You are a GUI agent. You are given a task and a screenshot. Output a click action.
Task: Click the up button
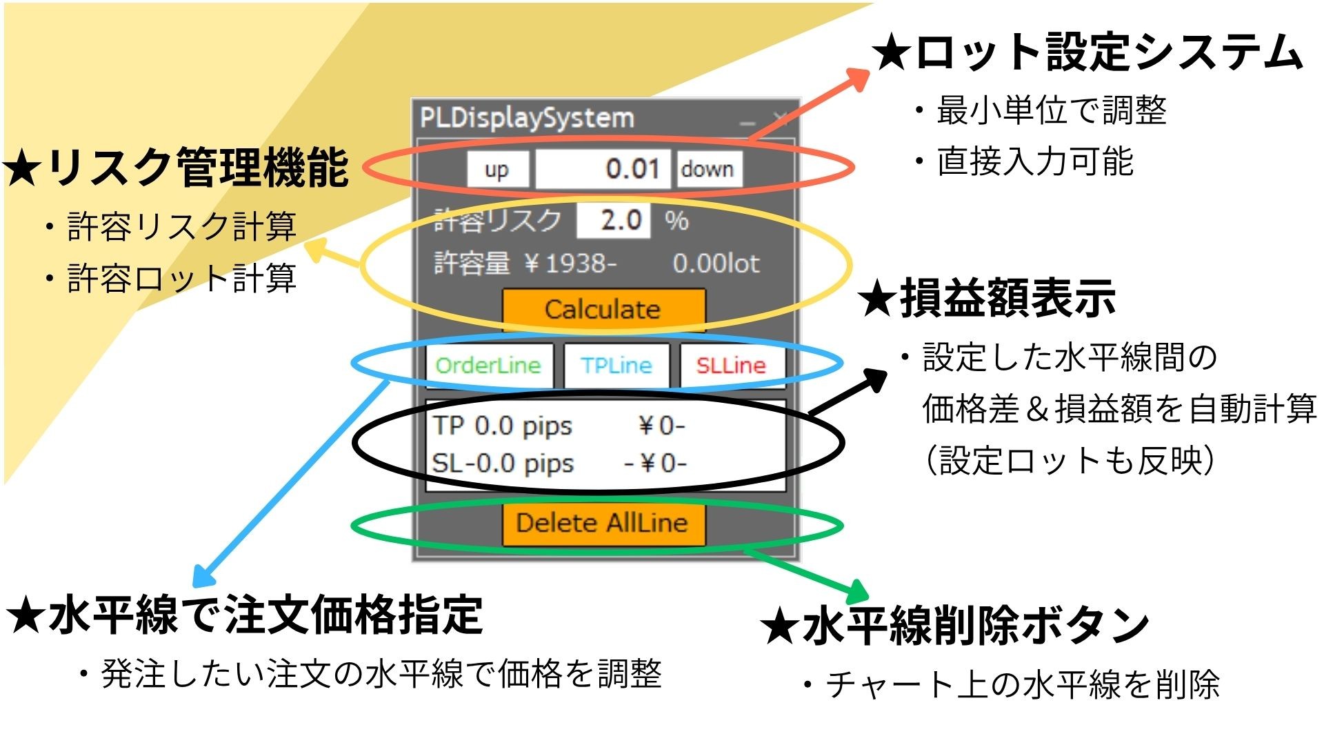[x=497, y=170]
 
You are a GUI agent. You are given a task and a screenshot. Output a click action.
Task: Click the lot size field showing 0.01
[x=603, y=170]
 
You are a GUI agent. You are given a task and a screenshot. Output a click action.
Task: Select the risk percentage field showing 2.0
[x=614, y=221]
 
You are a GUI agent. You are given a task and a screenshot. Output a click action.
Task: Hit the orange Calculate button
[x=603, y=310]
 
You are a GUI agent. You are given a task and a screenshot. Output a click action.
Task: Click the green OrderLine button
[x=489, y=365]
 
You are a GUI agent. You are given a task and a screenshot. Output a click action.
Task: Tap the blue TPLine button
[x=616, y=365]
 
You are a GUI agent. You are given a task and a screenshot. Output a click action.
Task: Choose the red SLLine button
[x=731, y=365]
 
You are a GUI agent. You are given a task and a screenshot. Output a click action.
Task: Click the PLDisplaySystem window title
[x=528, y=118]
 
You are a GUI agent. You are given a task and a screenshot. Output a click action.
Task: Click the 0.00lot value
[x=716, y=264]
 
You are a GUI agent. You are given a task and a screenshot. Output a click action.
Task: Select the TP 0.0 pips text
[x=503, y=426]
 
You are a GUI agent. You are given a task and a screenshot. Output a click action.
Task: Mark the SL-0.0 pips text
[x=503, y=463]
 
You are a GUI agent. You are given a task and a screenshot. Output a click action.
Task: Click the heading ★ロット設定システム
[x=1087, y=52]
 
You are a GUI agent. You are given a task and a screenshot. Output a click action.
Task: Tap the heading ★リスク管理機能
[x=176, y=168]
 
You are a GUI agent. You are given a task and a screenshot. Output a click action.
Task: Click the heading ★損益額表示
[x=987, y=299]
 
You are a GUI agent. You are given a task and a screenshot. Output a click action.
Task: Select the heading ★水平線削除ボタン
[x=955, y=626]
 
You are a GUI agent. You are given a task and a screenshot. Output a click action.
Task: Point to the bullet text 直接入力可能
[x=1034, y=162]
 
